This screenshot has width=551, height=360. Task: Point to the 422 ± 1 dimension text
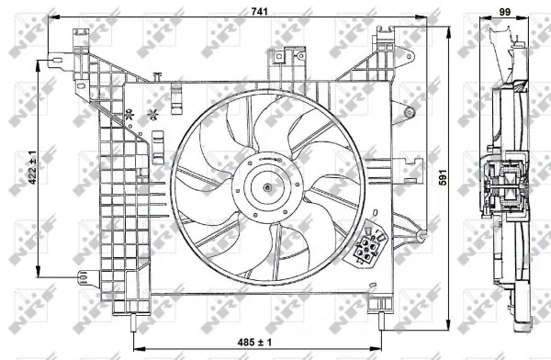[31, 169]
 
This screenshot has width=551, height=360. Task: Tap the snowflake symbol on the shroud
[152, 115]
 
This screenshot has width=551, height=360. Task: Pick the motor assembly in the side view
[503, 184]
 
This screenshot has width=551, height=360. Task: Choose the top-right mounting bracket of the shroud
[387, 41]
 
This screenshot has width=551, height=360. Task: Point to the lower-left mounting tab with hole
[82, 275]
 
